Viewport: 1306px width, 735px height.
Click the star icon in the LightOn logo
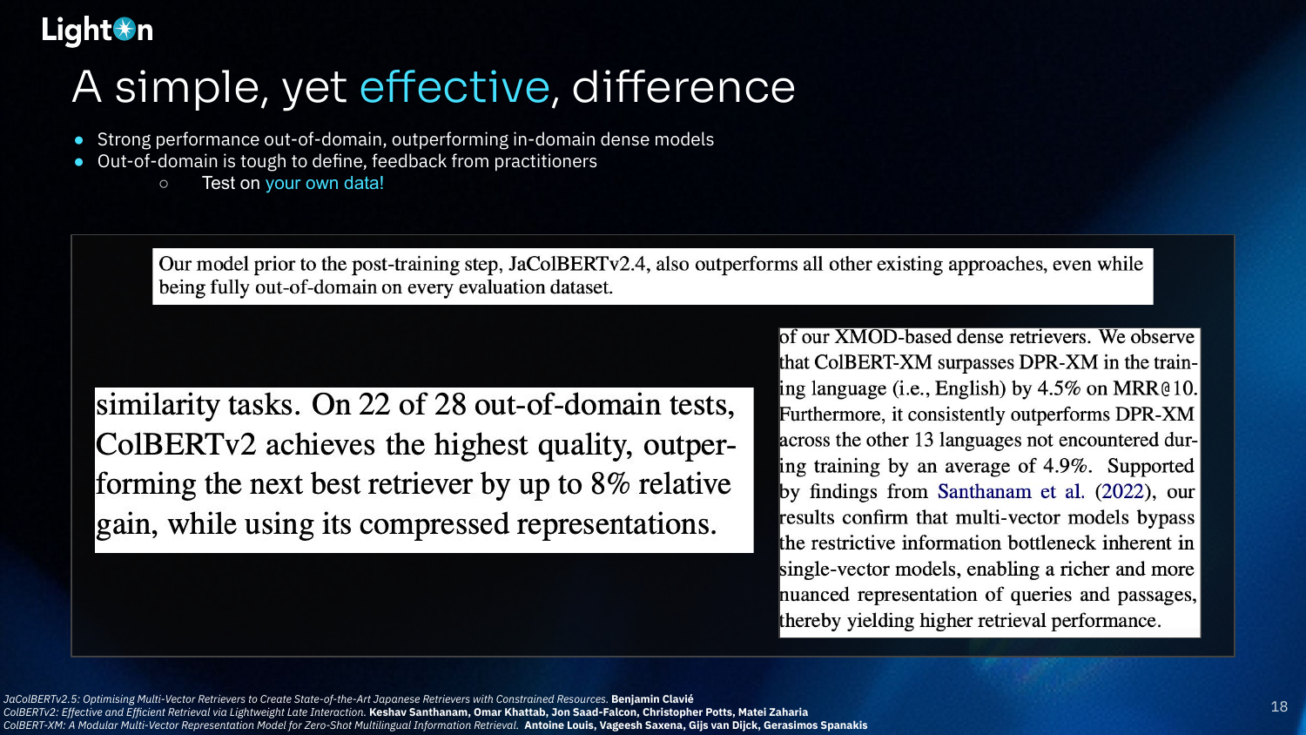(125, 29)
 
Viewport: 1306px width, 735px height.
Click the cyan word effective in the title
(454, 87)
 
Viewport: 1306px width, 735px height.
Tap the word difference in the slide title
(683, 87)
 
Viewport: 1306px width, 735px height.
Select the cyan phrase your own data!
(324, 183)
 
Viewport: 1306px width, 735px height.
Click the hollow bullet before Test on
(164, 185)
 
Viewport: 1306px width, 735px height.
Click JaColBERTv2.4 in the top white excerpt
(577, 264)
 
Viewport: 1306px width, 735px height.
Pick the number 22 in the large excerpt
(374, 404)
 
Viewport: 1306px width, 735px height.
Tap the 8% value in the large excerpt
(609, 484)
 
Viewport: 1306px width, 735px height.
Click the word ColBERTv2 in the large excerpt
(176, 445)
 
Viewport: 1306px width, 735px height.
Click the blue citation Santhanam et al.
(1011, 492)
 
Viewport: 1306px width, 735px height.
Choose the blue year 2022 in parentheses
(1123, 492)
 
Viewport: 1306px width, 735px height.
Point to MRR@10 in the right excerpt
(1155, 388)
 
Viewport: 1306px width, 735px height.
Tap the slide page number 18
(1279, 707)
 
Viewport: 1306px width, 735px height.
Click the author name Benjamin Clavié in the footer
(652, 698)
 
